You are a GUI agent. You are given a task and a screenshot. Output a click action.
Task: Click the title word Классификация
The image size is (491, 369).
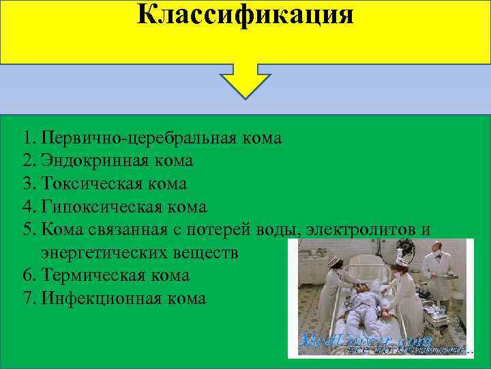pyautogui.click(x=245, y=14)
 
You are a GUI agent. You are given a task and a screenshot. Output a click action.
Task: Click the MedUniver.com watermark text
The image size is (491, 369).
pyautogui.click(x=366, y=340)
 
